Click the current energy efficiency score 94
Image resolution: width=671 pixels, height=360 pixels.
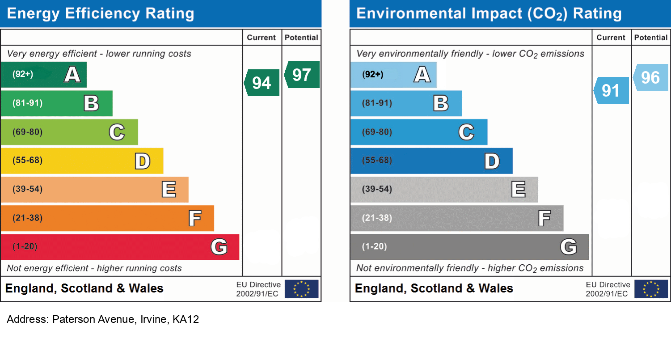pyautogui.click(x=262, y=83)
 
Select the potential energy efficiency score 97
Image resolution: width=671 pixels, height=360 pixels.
pyautogui.click(x=302, y=75)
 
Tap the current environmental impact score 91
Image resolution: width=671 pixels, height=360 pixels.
pyautogui.click(x=611, y=91)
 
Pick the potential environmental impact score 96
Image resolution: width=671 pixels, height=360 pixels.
pyautogui.click(x=650, y=78)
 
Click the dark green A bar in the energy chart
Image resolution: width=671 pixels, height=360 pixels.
pyautogui.click(x=43, y=75)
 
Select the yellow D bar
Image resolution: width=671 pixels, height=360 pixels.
pyautogui.click(x=82, y=161)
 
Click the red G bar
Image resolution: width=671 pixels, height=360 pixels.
pyautogui.click(x=120, y=247)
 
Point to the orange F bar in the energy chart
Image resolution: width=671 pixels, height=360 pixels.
pyautogui.click(x=107, y=218)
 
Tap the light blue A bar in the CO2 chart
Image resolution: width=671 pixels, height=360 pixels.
pyautogui.click(x=393, y=75)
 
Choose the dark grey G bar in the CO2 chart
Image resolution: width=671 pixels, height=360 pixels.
pyautogui.click(x=469, y=247)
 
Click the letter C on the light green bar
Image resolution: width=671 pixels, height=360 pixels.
pyautogui.click(x=117, y=132)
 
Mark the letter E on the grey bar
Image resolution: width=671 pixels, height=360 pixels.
pyautogui.click(x=518, y=190)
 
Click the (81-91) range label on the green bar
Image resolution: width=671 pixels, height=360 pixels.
pyautogui.click(x=28, y=103)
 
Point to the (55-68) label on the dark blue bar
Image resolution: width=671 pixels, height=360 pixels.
pyautogui.click(x=377, y=161)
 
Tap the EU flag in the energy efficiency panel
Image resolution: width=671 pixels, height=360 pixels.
pyautogui.click(x=302, y=289)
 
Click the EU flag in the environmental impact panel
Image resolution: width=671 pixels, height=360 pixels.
pyautogui.click(x=651, y=289)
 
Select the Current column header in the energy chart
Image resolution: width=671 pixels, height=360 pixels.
pyautogui.click(x=262, y=38)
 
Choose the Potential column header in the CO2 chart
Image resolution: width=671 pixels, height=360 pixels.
pyautogui.click(x=651, y=38)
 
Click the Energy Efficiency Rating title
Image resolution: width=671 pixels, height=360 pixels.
pyautogui.click(x=101, y=13)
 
